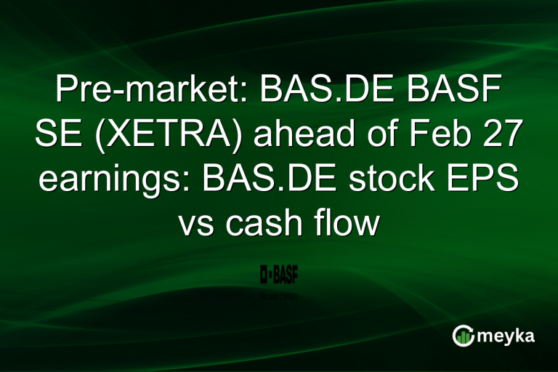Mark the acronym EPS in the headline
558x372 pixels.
[x=488, y=179]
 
